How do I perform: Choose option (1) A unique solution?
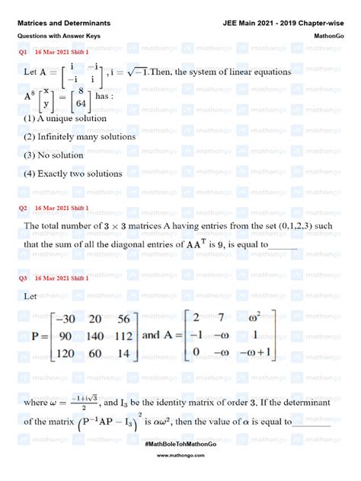pyautogui.click(x=65, y=118)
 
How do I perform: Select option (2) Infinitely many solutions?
pyautogui.click(x=79, y=136)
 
